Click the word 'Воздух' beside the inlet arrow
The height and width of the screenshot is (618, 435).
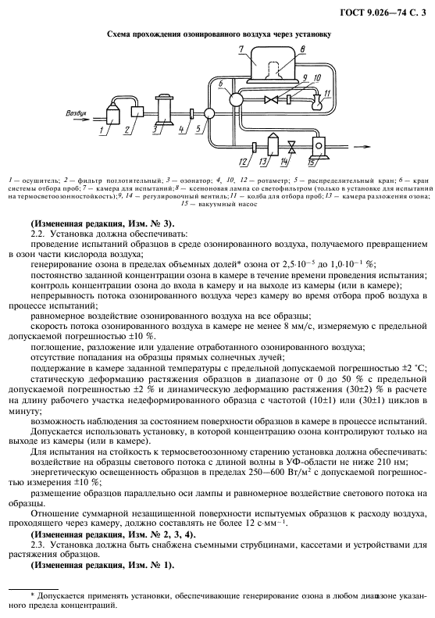pyautogui.click(x=76, y=113)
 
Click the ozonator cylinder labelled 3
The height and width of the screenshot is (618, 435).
pyautogui.click(x=164, y=110)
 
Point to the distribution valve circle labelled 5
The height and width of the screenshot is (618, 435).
pyautogui.click(x=209, y=113)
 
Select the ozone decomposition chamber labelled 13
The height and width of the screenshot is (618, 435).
pyautogui.click(x=273, y=145)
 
